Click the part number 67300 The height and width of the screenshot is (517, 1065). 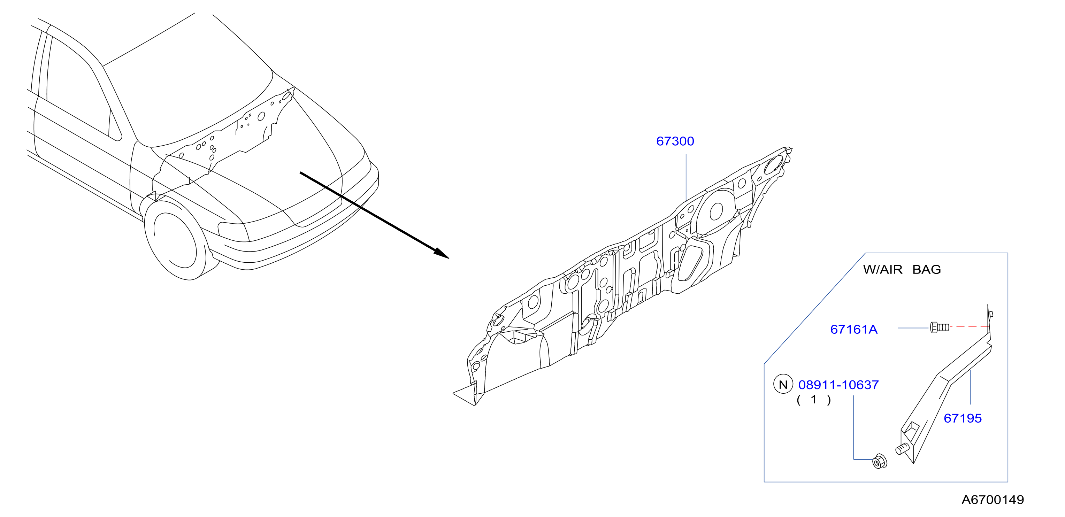(675, 141)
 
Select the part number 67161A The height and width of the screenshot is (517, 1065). (854, 329)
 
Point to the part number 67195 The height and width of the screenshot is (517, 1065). (963, 418)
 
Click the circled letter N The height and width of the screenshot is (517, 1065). (783, 384)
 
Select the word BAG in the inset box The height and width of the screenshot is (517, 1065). (927, 269)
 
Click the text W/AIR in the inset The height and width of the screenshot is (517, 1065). (883, 269)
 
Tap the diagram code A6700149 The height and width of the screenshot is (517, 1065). (993, 500)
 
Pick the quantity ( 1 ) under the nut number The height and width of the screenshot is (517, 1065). (814, 400)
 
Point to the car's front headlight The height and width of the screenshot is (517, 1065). (233, 232)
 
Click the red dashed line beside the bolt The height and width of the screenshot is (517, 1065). (969, 327)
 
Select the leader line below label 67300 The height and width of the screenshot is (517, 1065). (686, 178)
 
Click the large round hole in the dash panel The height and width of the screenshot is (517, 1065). (716, 211)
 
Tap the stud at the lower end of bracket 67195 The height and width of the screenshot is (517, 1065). (902, 448)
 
